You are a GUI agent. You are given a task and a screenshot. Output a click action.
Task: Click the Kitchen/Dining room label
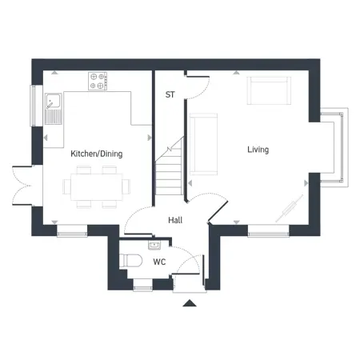click(97, 154)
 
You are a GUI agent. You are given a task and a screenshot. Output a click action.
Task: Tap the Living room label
click(258, 150)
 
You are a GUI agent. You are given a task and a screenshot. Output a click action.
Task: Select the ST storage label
click(170, 94)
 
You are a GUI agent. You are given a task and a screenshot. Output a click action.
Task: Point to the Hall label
click(175, 220)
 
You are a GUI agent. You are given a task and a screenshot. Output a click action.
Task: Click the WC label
click(159, 262)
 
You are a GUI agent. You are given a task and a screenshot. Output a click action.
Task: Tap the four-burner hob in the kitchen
click(98, 81)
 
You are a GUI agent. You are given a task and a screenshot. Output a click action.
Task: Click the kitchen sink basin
click(53, 101)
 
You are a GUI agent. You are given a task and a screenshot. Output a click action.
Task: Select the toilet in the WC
click(130, 261)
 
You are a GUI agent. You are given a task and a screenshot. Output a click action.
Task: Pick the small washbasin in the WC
click(154, 245)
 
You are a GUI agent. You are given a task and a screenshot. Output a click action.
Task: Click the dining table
click(97, 186)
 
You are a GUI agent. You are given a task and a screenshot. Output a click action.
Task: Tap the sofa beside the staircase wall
click(203, 144)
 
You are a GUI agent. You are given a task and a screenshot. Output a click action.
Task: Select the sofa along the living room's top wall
click(269, 90)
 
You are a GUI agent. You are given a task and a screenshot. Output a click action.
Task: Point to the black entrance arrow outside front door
click(190, 303)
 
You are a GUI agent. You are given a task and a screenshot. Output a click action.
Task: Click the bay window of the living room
click(334, 147)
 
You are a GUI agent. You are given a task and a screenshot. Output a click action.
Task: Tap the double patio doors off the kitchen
click(22, 186)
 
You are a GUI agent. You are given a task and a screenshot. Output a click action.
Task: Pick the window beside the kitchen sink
click(34, 106)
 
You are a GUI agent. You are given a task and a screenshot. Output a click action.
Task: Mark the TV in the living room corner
click(289, 209)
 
